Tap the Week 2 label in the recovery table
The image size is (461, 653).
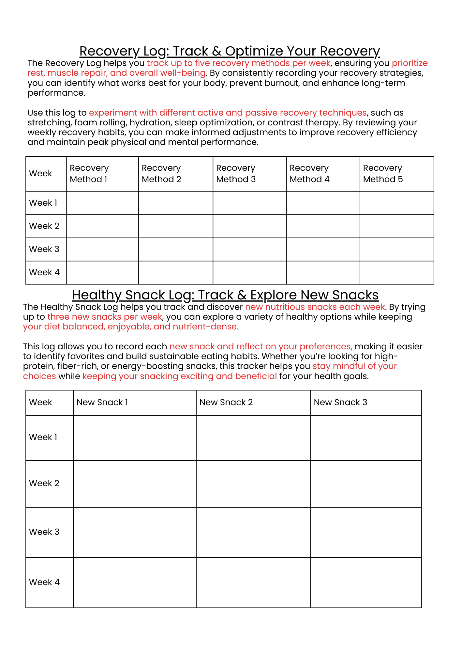click(44, 226)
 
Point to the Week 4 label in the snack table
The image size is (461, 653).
click(44, 582)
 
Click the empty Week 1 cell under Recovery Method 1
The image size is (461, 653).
click(102, 203)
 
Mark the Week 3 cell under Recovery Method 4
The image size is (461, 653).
click(323, 249)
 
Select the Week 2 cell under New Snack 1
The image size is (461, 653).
click(135, 484)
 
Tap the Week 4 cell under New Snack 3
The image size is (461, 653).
click(366, 582)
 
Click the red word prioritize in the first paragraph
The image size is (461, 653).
click(410, 63)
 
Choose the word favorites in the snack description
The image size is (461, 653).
click(78, 356)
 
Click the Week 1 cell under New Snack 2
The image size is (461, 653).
click(253, 438)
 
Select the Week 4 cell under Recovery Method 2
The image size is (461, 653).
click(175, 272)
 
